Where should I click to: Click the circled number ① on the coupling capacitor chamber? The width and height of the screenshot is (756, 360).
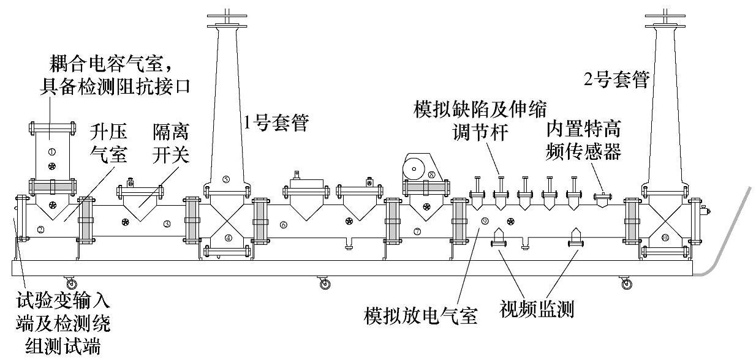(51, 151)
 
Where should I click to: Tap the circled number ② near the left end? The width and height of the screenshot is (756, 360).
(40, 230)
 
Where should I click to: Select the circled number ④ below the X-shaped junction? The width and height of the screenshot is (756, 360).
(229, 238)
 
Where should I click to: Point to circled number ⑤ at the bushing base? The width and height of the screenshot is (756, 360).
(226, 179)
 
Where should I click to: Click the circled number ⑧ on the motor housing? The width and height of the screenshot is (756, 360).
(432, 174)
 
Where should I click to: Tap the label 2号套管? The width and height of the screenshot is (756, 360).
(616, 80)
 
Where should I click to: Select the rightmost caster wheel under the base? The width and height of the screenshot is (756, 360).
(626, 283)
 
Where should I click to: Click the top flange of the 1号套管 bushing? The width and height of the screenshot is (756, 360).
(226, 24)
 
